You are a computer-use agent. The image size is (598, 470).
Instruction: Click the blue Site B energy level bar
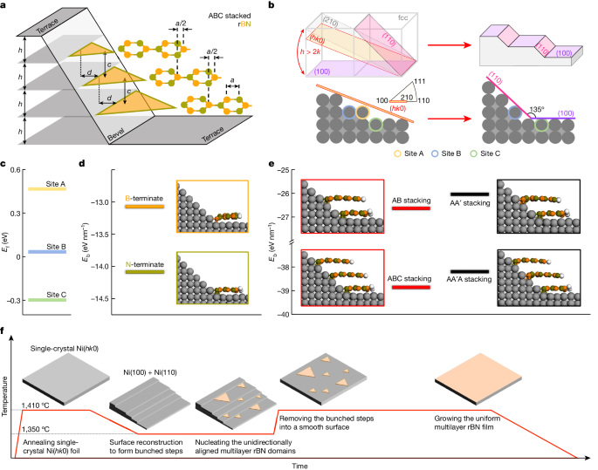(58, 252)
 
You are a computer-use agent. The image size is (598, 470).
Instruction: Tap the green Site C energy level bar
(58, 299)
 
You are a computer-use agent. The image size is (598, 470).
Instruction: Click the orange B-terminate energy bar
(144, 208)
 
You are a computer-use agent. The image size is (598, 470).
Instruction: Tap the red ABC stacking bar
(408, 287)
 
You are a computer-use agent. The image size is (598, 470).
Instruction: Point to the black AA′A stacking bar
(471, 286)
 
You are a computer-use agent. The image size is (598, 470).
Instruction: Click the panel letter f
(6, 331)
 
